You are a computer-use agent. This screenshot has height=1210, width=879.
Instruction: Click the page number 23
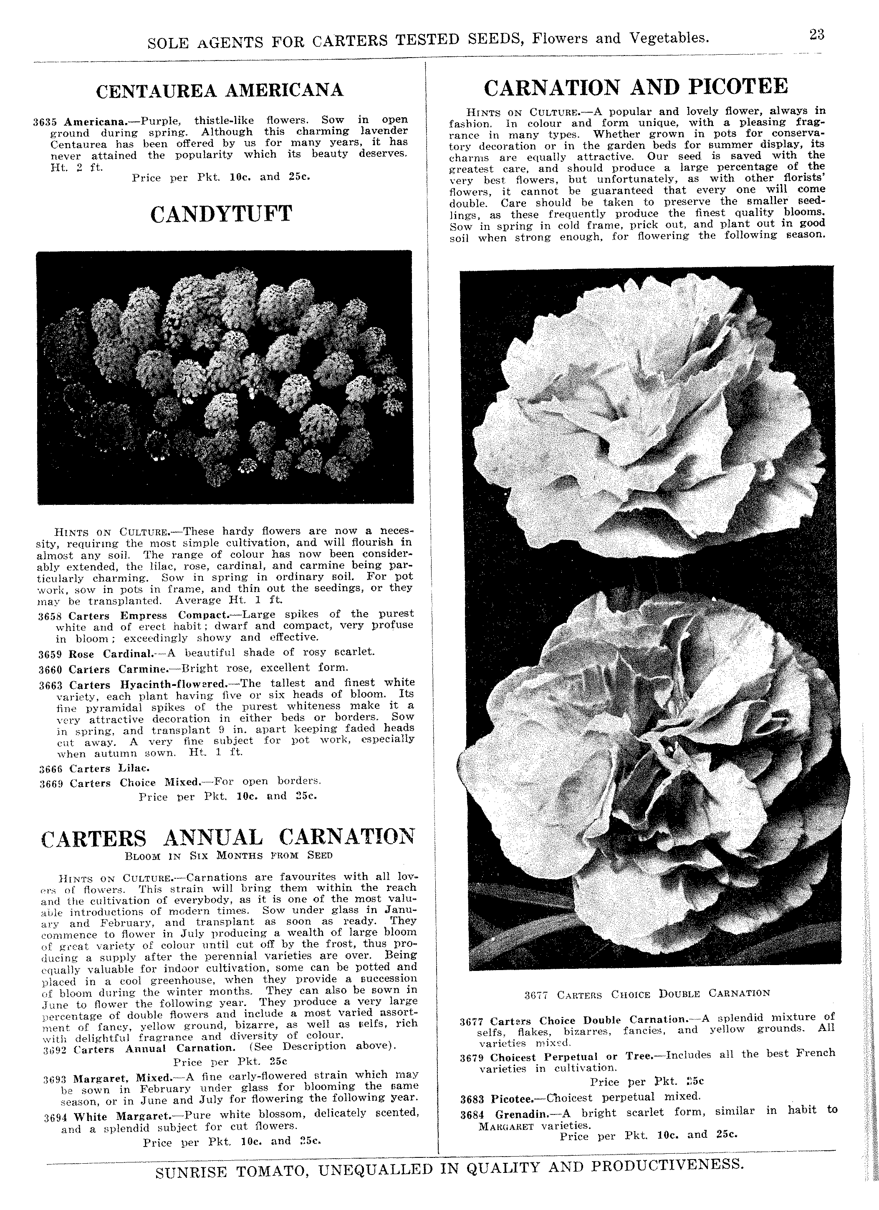pos(816,35)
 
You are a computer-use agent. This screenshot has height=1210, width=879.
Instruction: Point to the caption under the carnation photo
pos(647,994)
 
